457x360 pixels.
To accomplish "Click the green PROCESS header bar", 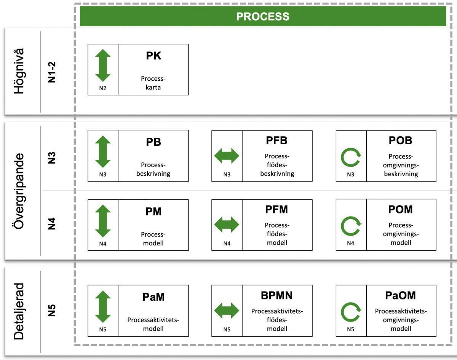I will pyautogui.click(x=263, y=16).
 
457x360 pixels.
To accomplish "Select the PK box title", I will pyautogui.click(x=153, y=56).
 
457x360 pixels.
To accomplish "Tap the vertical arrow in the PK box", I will pyautogui.click(x=103, y=65).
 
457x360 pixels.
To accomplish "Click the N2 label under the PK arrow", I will pyautogui.click(x=103, y=88).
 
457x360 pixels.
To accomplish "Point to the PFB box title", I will pyautogui.click(x=277, y=140).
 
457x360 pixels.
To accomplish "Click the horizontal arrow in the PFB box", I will pyautogui.click(x=227, y=156).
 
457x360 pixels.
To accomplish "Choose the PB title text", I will pyautogui.click(x=153, y=142).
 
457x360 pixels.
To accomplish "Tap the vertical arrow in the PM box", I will pyautogui.click(x=103, y=221).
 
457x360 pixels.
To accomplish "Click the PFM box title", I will pyautogui.click(x=277, y=209).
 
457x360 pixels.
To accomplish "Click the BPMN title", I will pyautogui.click(x=277, y=295).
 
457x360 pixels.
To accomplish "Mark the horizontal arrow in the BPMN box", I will pyautogui.click(x=227, y=311).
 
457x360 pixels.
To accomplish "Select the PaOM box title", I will pyautogui.click(x=400, y=295).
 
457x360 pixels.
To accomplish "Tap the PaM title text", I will pyautogui.click(x=153, y=297).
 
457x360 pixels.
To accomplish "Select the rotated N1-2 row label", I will pyautogui.click(x=52, y=71).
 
